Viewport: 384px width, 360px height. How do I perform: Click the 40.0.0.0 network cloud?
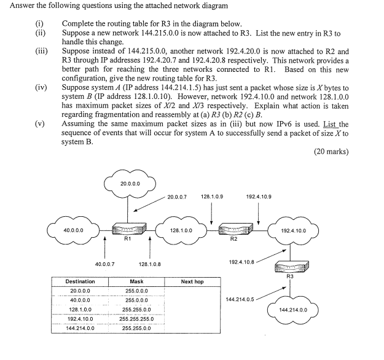(74, 232)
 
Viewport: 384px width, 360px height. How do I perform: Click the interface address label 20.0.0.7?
(176, 197)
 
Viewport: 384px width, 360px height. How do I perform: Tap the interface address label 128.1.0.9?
(211, 197)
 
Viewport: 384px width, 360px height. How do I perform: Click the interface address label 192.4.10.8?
(241, 262)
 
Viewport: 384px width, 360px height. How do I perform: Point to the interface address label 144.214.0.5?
(241, 299)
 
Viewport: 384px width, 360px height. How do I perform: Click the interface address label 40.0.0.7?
(106, 264)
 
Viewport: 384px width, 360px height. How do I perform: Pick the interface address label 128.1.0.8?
(150, 264)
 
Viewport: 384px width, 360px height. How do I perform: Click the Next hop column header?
(192, 281)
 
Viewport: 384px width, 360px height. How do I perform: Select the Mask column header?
(136, 281)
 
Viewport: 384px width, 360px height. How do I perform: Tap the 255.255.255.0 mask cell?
(136, 319)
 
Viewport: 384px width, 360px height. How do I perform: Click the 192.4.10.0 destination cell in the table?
(80, 319)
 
